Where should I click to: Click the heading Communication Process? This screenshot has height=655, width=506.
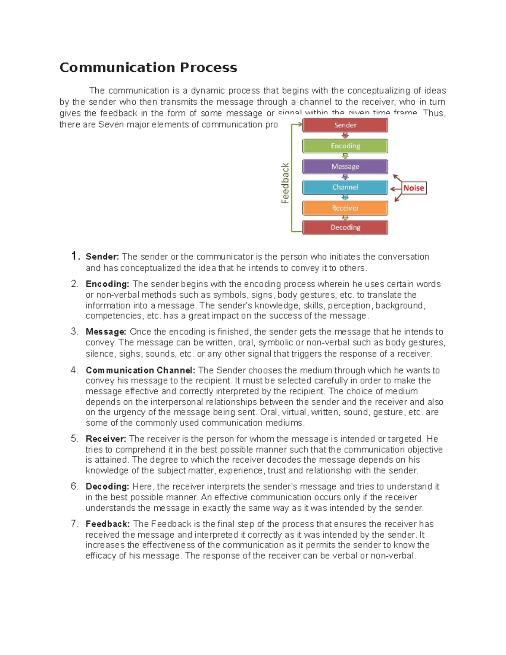click(148, 67)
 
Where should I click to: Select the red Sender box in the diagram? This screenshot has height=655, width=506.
click(345, 125)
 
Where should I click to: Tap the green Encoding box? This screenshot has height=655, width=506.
click(345, 146)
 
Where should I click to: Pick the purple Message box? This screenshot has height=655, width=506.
click(345, 167)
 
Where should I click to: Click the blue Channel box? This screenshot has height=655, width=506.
click(345, 187)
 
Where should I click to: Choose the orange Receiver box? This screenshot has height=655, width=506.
click(345, 208)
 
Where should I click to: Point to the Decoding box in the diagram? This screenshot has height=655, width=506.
click(345, 227)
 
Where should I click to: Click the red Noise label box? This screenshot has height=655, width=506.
click(414, 188)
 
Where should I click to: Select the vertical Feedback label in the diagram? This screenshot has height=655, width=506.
click(285, 183)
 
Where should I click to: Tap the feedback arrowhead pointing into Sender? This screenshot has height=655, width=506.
click(300, 124)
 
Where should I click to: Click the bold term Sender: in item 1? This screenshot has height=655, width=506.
click(102, 257)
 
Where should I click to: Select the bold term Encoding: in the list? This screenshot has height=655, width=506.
click(107, 284)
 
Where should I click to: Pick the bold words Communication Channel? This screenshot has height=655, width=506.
click(140, 370)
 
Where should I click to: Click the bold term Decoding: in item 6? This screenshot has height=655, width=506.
click(107, 487)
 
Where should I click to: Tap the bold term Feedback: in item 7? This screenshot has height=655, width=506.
click(108, 524)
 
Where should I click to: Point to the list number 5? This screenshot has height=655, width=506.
click(74, 439)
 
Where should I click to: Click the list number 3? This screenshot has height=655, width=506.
click(74, 332)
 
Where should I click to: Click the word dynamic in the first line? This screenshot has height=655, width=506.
click(207, 91)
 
